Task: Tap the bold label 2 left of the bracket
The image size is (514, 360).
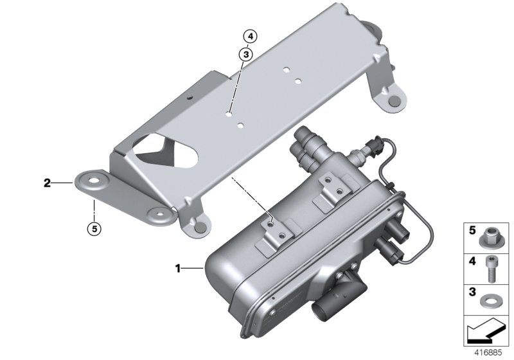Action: (x=47, y=183)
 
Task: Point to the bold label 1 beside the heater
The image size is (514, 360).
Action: (x=178, y=265)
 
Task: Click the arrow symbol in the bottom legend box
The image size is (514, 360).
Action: (x=486, y=330)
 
